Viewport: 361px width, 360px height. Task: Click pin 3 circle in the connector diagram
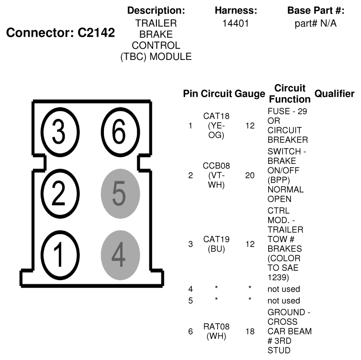58,132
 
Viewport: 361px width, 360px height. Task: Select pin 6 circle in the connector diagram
119,132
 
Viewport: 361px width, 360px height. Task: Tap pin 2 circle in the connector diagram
58,194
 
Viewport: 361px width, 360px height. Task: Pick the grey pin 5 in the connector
120,195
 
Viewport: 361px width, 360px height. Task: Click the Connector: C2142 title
60,34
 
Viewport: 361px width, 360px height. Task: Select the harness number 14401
236,23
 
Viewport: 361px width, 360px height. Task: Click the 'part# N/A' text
316,23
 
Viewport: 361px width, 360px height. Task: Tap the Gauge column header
250,94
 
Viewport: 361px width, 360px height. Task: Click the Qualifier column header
334,94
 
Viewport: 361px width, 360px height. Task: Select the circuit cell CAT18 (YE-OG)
216,125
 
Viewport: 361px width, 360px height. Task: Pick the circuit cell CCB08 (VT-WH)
216,176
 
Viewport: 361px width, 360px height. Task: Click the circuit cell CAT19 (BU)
216,244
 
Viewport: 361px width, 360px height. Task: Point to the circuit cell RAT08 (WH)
216,331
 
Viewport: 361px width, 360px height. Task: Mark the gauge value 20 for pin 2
250,176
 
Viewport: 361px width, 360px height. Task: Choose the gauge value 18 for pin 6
250,331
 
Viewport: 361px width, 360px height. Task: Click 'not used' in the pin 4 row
284,289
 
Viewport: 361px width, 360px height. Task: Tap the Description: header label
156,10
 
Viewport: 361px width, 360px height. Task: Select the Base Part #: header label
316,10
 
